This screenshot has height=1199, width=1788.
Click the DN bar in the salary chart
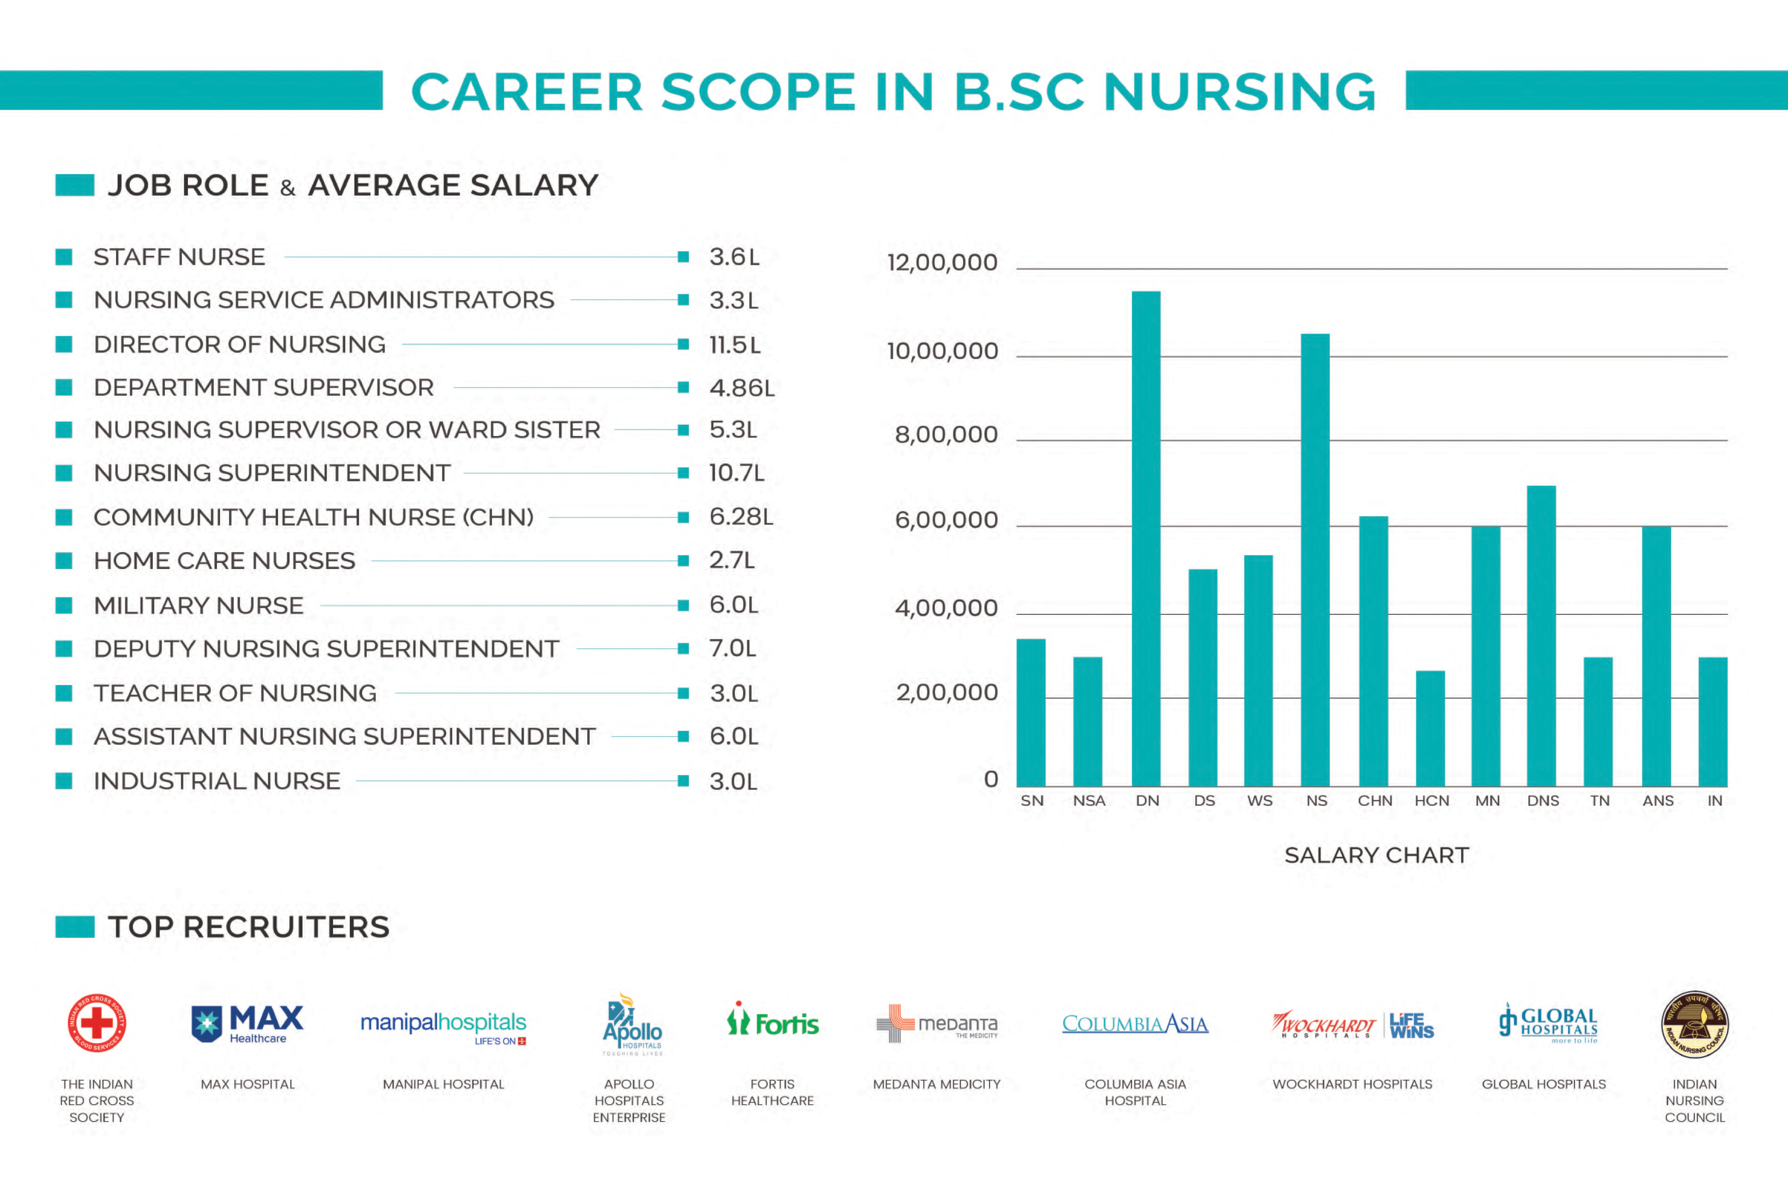coord(1146,539)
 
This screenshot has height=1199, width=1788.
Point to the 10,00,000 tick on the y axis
coord(943,351)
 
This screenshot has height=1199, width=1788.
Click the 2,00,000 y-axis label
coord(946,692)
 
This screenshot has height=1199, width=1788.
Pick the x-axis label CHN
coord(1374,801)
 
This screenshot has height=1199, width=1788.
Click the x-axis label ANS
coord(1657,801)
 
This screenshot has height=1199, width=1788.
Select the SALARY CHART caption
coord(1376,855)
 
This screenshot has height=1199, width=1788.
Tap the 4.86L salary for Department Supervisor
coord(741,388)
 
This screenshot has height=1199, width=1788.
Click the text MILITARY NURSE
coord(198,606)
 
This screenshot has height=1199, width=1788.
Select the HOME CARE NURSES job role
coord(224,560)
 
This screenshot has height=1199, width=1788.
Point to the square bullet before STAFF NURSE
coord(64,257)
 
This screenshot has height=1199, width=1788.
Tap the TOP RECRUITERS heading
coord(249,927)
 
